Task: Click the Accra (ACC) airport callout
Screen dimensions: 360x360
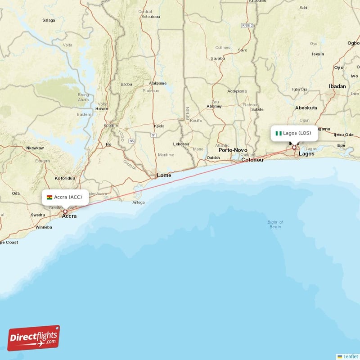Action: (x=65, y=197)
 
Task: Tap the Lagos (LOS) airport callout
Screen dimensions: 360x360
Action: (x=294, y=133)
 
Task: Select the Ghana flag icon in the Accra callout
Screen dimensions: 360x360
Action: (x=49, y=197)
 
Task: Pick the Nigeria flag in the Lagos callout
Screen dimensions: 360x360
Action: (x=279, y=133)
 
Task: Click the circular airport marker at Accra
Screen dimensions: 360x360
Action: (x=65, y=211)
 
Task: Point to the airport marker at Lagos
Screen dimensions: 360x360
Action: (x=294, y=148)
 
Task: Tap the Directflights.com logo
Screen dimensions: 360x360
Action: (x=34, y=338)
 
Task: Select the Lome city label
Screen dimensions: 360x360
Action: (x=164, y=175)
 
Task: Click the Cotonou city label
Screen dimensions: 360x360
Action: (x=252, y=160)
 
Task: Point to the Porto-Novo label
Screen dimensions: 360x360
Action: (x=233, y=150)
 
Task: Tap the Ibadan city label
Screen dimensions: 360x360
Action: (x=337, y=86)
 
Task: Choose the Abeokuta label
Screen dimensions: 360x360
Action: (x=306, y=108)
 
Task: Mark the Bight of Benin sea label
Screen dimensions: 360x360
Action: (x=275, y=224)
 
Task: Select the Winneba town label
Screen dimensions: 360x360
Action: (x=44, y=227)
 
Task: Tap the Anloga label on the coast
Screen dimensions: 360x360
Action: (x=138, y=202)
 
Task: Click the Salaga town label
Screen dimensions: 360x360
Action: (x=49, y=20)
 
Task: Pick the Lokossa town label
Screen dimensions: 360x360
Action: (x=181, y=144)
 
